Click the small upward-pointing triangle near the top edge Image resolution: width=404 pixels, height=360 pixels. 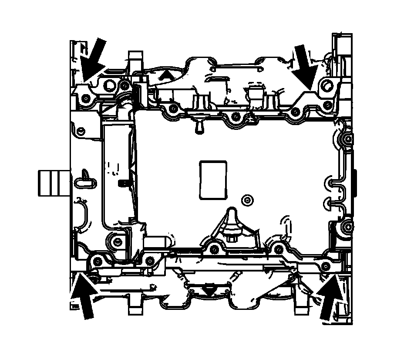point(165,76)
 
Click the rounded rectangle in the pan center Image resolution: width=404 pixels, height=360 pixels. point(213,180)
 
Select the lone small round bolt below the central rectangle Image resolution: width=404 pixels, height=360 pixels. point(248,200)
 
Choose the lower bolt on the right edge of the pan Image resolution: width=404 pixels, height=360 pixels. point(347,227)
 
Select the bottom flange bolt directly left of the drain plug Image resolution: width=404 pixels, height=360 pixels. point(213,249)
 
